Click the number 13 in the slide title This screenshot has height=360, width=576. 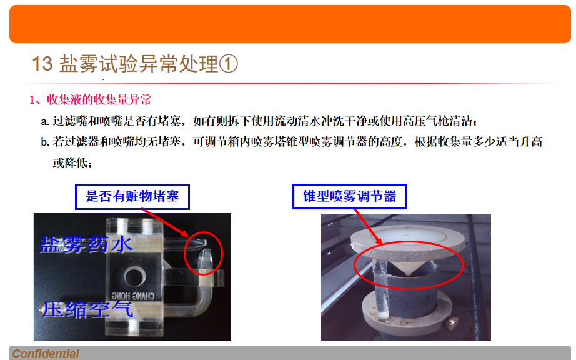click(42, 64)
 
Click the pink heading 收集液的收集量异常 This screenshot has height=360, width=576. click(99, 99)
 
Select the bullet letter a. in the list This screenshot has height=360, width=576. click(45, 121)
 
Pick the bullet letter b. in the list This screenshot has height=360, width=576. click(45, 142)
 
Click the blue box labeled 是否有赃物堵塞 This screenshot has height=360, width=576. click(132, 197)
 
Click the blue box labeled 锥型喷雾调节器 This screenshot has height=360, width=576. click(350, 196)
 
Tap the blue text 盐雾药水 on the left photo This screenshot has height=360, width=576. click(86, 244)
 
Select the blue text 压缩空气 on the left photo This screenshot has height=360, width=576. click(87, 309)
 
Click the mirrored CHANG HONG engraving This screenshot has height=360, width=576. click(133, 296)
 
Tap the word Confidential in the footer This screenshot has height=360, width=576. click(46, 354)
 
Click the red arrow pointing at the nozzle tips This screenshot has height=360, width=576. click(165, 223)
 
